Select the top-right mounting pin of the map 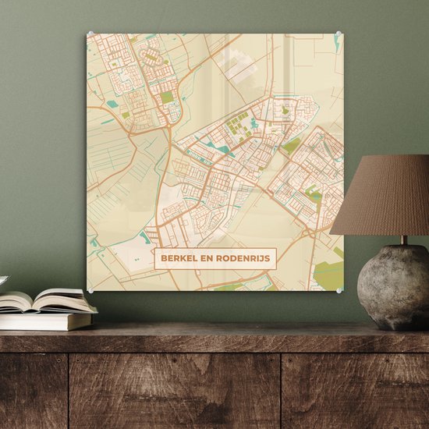tap(339, 33)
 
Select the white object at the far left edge tap(2, 280)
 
